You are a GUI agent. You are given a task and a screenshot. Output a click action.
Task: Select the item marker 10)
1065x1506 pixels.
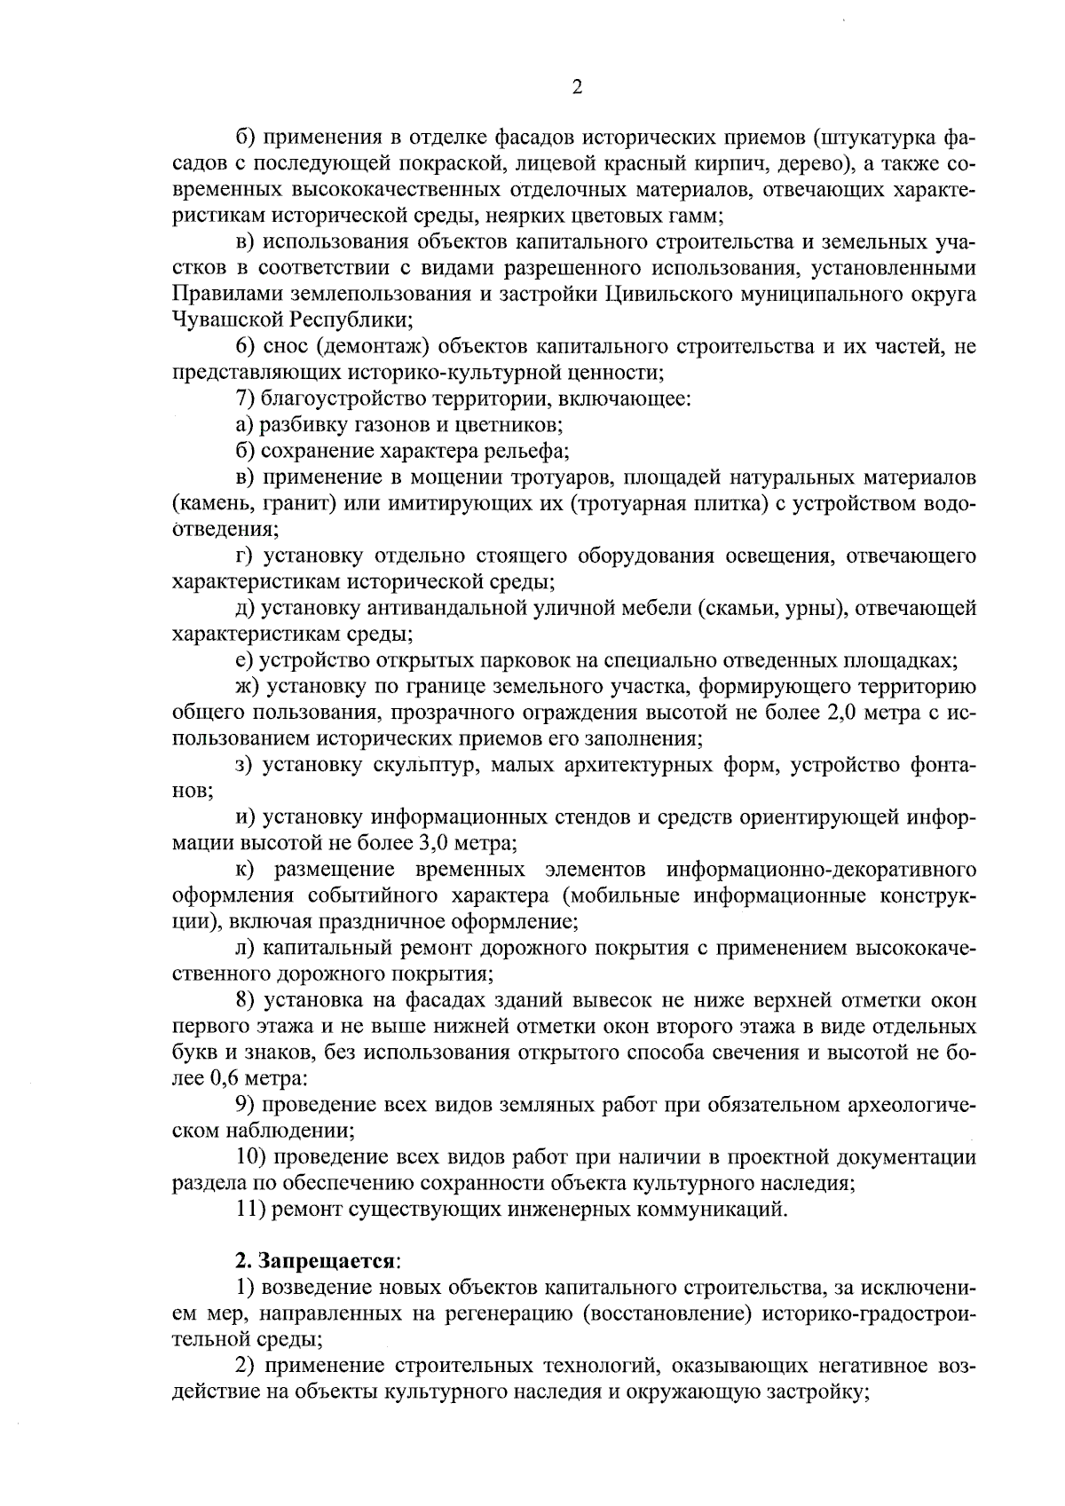click(x=251, y=1157)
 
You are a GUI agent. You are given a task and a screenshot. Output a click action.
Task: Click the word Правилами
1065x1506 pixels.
click(x=217, y=294)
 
